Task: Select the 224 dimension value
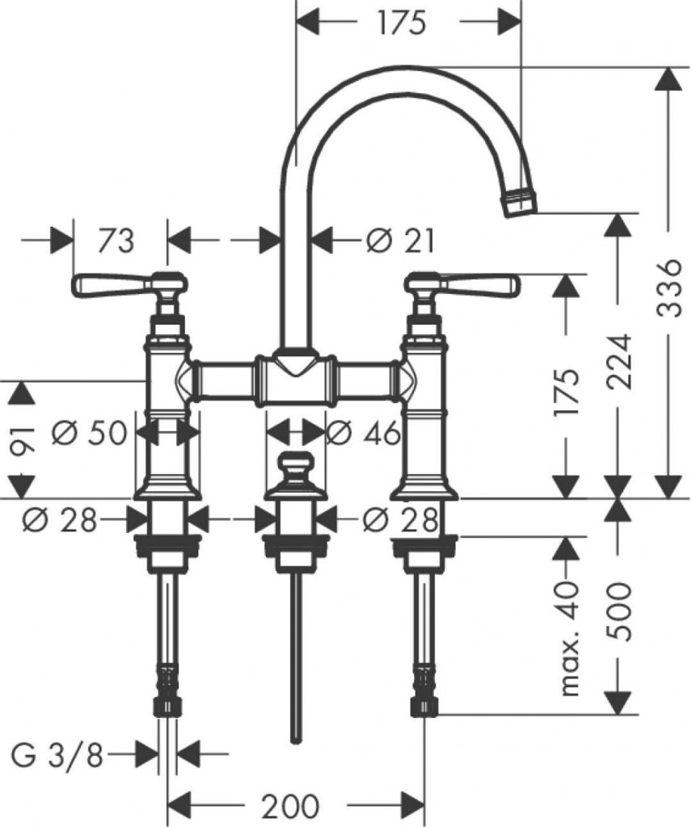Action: (618, 361)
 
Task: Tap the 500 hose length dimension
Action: (618, 611)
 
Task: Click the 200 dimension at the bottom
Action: (290, 805)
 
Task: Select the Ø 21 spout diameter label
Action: (400, 241)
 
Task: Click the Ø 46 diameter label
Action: (363, 433)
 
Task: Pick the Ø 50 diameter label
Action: (90, 433)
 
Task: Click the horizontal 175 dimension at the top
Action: (402, 23)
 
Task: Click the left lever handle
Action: (129, 285)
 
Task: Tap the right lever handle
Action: (462, 285)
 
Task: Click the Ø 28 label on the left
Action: (60, 521)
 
